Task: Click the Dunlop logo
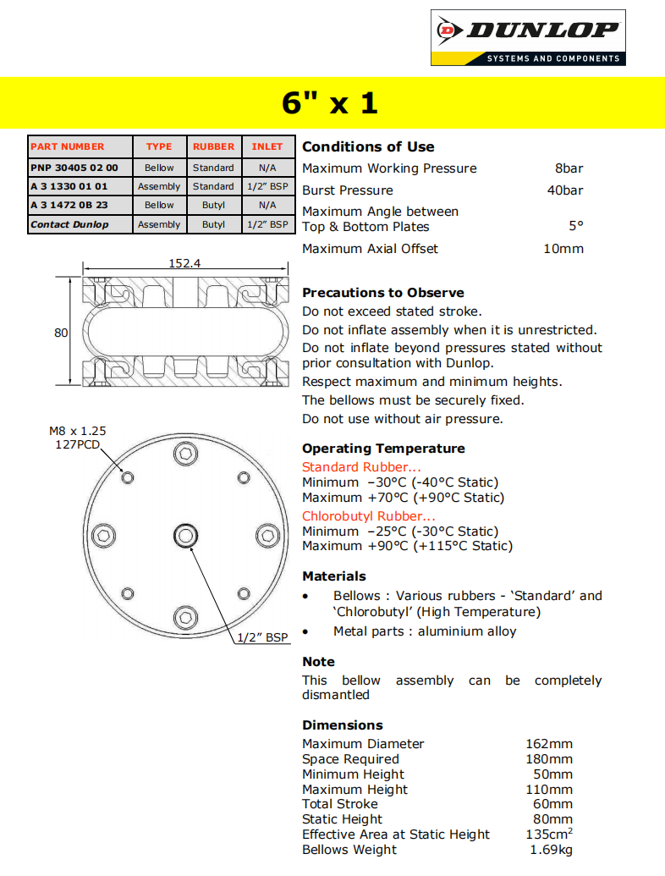coord(528,37)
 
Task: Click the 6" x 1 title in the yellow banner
coord(330,103)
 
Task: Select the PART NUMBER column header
coord(68,146)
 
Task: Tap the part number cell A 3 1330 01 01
coord(69,186)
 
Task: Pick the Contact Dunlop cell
coord(69,224)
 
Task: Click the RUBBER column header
coord(213,146)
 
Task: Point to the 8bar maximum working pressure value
coord(569,168)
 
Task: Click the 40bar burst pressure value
coord(565,190)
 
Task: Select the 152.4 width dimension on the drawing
coord(184,263)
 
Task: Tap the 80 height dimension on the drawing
coord(61,333)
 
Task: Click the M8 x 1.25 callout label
coord(78,431)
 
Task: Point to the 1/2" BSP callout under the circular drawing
coord(262,637)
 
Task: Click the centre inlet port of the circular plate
coord(185,535)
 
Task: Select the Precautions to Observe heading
coord(383,293)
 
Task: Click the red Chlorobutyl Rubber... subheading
coord(369,516)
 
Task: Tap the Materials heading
coord(334,576)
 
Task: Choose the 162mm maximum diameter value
coord(549,744)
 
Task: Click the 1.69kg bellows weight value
coord(552,850)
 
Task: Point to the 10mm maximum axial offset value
coord(563,249)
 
